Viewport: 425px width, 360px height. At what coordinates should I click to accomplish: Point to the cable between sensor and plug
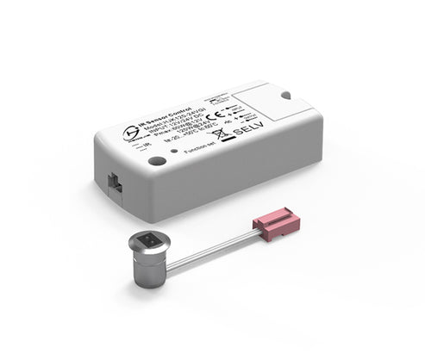(x=210, y=249)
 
